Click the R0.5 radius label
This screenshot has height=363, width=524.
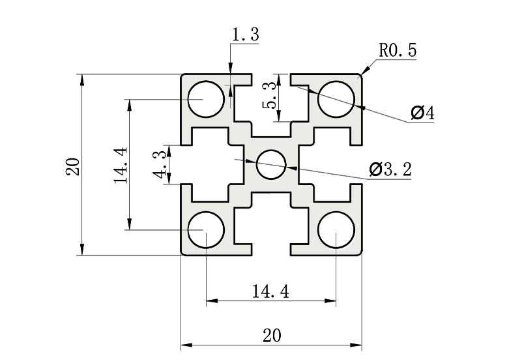click(397, 51)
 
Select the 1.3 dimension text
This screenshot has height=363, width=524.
click(245, 35)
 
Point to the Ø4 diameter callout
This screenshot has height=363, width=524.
click(422, 113)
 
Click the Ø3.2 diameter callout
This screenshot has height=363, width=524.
click(390, 169)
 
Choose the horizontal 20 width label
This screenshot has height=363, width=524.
click(272, 335)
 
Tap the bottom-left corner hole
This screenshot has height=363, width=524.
click(206, 230)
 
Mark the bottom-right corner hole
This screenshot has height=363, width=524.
click(336, 230)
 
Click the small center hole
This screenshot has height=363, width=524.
click(271, 164)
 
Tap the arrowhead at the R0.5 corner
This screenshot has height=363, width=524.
click(362, 74)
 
